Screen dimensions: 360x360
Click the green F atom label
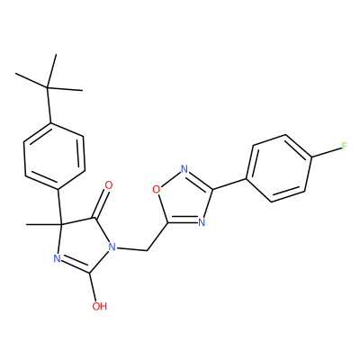pos(344,147)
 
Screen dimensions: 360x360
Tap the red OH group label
pos(100,306)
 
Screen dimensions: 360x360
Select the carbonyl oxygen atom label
pos(109,185)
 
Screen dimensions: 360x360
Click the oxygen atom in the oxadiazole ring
pos(156,189)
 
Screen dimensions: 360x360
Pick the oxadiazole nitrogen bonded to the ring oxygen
pos(184,169)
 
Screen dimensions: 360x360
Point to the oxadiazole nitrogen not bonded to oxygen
pos(202,222)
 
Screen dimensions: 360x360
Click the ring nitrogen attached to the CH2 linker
pos(112,247)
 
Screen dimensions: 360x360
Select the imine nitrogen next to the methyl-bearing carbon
pos(57,258)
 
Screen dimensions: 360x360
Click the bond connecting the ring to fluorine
pos(326,152)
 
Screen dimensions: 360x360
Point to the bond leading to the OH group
pos(94,287)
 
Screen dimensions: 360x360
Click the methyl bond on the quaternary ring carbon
pos(43,224)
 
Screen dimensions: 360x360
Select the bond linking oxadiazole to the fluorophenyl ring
pos(229,184)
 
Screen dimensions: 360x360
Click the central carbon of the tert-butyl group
pos(48,87)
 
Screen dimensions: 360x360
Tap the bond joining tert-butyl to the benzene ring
pos(49,105)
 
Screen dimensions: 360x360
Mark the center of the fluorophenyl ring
pos(279,168)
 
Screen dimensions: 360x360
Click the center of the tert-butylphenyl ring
pos(54,156)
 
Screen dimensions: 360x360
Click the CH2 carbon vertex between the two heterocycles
pos(148,251)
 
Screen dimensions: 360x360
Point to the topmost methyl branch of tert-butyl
pos(51,71)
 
